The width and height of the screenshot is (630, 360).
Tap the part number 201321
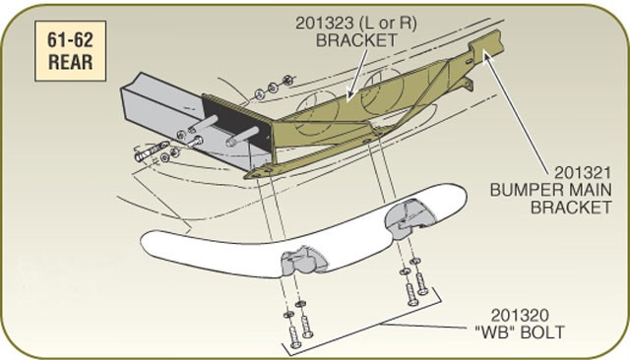pos(583,173)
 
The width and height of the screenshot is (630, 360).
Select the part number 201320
pos(520,316)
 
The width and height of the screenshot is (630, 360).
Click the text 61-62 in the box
pos(70,39)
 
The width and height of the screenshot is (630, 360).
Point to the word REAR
pos(70,62)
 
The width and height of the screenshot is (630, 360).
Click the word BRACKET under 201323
pos(356,40)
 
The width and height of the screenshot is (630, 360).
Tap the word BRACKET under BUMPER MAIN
pos(571,208)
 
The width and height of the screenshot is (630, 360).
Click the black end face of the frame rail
pos(237,120)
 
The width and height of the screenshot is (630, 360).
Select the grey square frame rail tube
pos(168,116)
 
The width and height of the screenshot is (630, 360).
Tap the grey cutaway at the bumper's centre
pos(302,261)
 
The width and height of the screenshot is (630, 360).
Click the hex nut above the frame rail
pos(286,80)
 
